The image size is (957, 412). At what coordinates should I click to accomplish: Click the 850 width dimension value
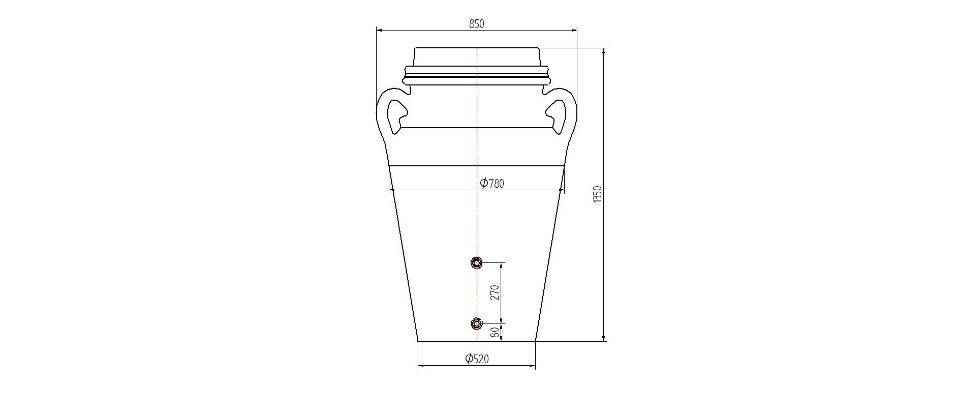click(477, 23)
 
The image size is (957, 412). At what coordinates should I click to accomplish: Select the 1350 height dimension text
click(597, 195)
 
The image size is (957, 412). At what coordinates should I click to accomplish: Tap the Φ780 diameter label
click(492, 183)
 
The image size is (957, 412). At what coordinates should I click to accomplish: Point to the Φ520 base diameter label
click(477, 359)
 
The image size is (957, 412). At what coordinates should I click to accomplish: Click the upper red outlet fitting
click(476, 262)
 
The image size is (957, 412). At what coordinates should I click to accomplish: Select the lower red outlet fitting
click(476, 323)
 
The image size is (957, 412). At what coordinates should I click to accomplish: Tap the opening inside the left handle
click(396, 116)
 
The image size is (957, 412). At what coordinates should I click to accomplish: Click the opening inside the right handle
click(557, 116)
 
